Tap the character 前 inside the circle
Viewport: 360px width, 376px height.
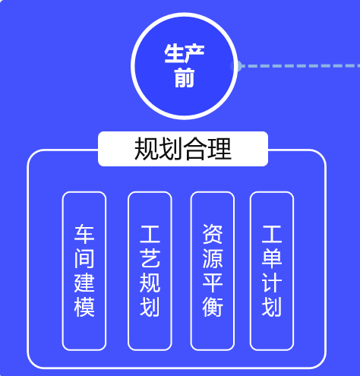click(x=185, y=77)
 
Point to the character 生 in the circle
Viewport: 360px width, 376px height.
click(x=174, y=53)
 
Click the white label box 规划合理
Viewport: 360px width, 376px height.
click(x=183, y=149)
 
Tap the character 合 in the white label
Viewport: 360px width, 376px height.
click(x=195, y=149)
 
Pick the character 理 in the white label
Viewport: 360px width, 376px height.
click(x=219, y=149)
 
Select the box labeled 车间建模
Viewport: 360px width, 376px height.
click(x=84, y=271)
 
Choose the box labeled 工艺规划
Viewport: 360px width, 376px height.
click(x=150, y=271)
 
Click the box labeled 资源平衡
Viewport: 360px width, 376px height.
click(x=213, y=271)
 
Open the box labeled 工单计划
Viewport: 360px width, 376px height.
click(x=272, y=271)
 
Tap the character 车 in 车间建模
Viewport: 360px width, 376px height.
click(x=84, y=234)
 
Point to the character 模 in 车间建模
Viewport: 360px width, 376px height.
click(x=84, y=307)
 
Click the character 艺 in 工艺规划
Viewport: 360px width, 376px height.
click(x=150, y=258)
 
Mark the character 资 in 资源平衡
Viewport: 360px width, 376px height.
click(x=213, y=234)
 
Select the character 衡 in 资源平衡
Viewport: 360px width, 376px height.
click(x=213, y=307)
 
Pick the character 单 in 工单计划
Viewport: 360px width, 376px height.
click(x=272, y=258)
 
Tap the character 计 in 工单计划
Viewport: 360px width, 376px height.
click(x=272, y=283)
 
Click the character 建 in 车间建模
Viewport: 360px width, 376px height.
click(x=84, y=283)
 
